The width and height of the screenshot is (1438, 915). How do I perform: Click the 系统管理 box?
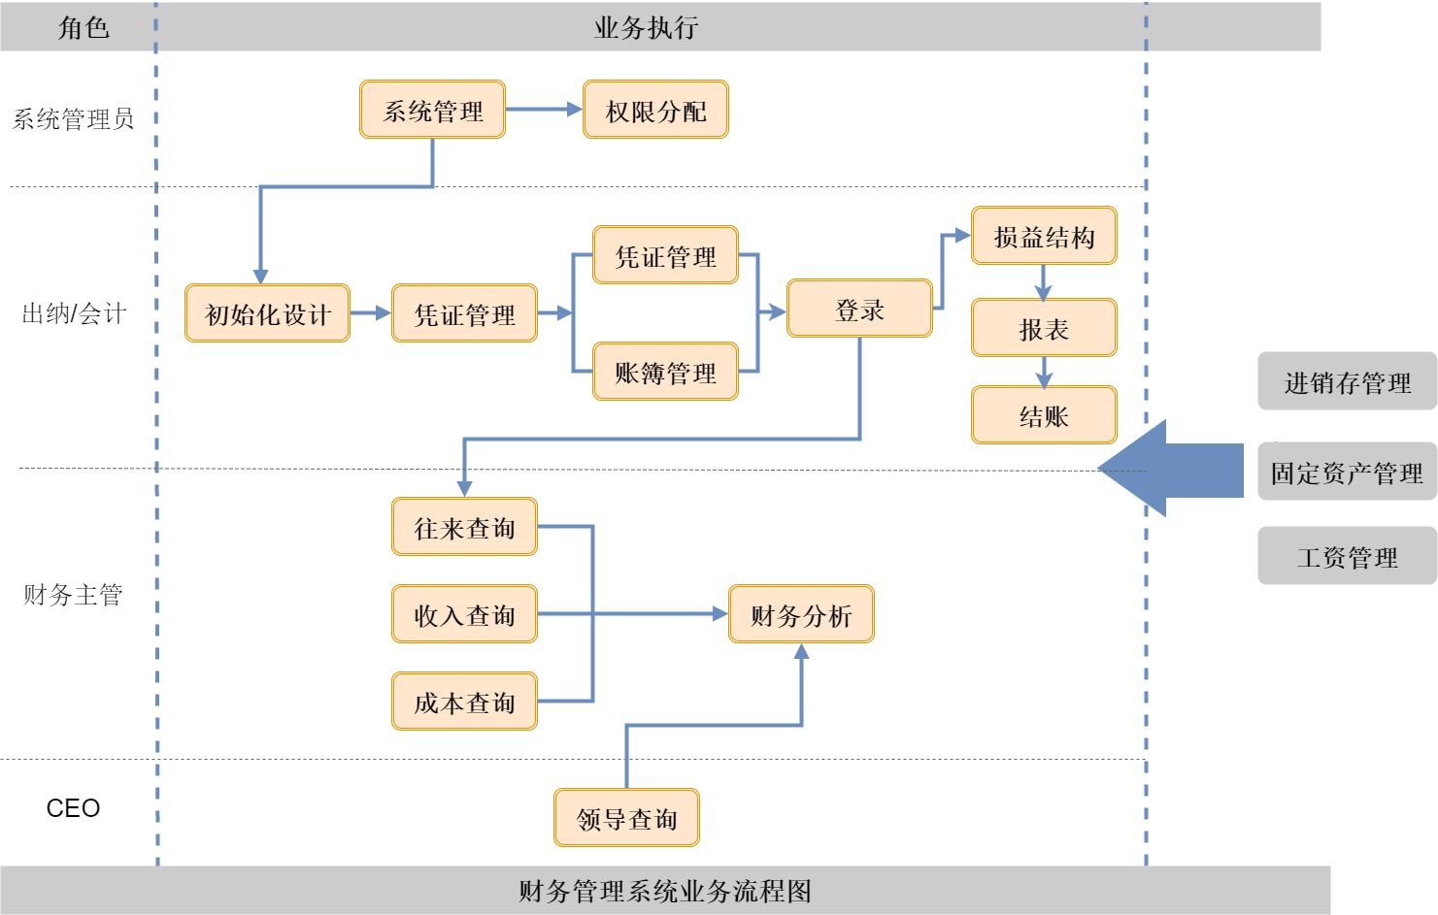tap(432, 110)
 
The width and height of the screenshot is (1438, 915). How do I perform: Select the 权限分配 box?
tap(655, 110)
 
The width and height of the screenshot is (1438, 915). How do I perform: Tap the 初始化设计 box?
tap(267, 313)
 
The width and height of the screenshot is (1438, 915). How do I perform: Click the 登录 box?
tap(859, 309)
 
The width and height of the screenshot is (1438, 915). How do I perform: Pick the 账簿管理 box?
tap(665, 372)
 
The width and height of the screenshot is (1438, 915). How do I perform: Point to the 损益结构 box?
tap(1044, 236)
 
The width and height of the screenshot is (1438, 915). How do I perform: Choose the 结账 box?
tap(1044, 415)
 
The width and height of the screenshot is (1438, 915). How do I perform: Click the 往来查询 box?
tap(464, 527)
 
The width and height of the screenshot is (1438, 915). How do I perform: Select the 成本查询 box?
tap(464, 702)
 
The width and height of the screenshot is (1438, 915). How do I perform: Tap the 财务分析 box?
tap(801, 614)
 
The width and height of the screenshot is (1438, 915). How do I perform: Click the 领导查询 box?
tap(626, 818)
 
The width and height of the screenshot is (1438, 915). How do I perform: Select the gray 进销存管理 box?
tap(1347, 381)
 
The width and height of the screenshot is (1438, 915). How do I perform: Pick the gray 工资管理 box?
tap(1347, 556)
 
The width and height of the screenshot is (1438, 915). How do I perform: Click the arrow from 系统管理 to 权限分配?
tap(544, 110)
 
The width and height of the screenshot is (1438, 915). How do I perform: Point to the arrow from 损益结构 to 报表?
tap(1044, 282)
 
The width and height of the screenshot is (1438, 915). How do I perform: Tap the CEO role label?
tap(73, 808)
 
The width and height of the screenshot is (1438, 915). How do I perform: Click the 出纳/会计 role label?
tap(74, 313)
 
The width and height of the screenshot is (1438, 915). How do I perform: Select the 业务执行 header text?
tap(646, 27)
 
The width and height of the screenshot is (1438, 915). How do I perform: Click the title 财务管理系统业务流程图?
tap(664, 891)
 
